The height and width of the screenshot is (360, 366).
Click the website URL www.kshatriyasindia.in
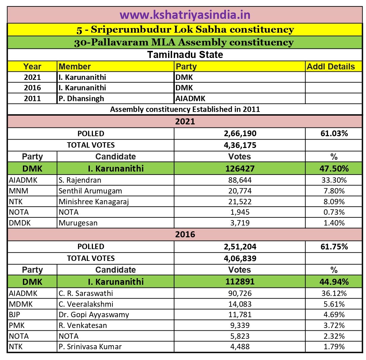[x=185, y=15]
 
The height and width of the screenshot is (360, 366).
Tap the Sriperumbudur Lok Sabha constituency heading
[x=185, y=30]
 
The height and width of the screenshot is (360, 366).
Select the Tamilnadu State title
[x=185, y=54]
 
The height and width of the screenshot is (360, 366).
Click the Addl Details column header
[x=331, y=66]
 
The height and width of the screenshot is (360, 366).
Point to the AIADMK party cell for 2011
[x=191, y=98]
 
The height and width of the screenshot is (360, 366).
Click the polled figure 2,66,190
[x=240, y=133]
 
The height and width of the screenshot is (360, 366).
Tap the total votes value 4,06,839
[x=240, y=258]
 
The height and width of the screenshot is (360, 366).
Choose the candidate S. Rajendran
[x=80, y=180]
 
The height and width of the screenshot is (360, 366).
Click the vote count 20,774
[x=240, y=191]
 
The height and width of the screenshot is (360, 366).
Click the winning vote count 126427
[x=240, y=169]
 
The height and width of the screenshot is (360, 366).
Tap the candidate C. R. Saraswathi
[x=86, y=293]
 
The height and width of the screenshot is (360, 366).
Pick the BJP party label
[x=15, y=315]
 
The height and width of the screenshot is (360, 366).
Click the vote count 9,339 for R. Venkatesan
[x=240, y=326]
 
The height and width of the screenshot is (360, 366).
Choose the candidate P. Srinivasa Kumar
[x=90, y=347]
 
